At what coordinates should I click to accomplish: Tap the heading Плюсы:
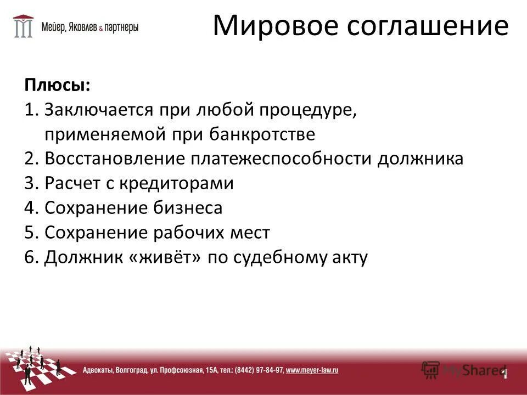(x=57, y=85)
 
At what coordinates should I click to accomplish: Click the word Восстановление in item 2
(x=115, y=159)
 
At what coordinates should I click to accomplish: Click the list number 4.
(x=31, y=208)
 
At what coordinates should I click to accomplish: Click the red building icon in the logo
(x=24, y=25)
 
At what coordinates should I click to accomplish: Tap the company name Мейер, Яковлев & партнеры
(x=91, y=26)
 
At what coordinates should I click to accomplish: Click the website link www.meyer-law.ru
(x=312, y=370)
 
